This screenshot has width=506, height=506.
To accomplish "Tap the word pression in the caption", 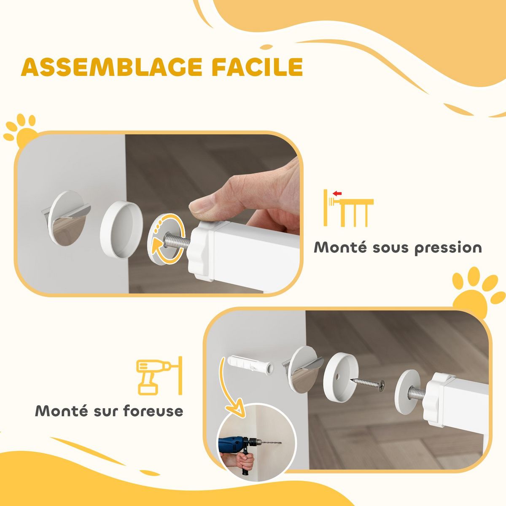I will [448, 248].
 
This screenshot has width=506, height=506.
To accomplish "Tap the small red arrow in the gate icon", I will [336, 194].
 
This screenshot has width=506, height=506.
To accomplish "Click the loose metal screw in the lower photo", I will [369, 383].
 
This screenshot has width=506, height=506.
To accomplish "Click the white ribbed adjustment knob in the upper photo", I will [198, 251].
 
